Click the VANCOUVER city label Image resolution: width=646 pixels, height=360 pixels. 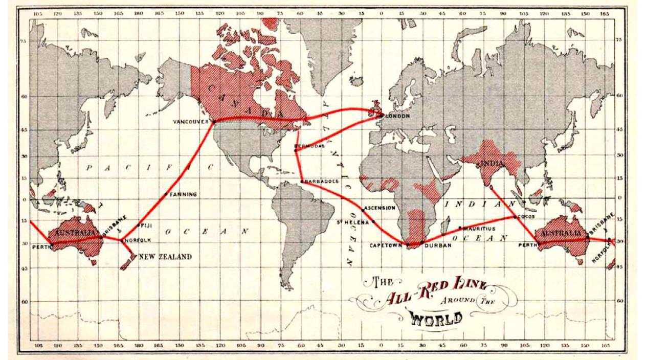(191, 122)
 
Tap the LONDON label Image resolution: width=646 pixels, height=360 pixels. (397, 116)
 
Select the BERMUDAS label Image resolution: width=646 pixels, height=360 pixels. (310, 146)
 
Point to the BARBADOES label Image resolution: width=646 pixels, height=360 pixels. (321, 181)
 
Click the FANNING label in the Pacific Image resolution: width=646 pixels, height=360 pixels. (183, 194)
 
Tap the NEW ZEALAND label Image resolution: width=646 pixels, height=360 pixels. (165, 257)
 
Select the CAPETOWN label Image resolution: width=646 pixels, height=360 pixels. (386, 245)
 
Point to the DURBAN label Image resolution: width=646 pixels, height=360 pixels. (438, 245)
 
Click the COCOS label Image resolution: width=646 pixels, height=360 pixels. (526, 216)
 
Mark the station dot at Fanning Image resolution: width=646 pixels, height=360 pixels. (166, 194)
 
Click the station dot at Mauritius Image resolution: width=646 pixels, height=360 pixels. (460, 228)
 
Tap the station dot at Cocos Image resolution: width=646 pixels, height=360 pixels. (515, 217)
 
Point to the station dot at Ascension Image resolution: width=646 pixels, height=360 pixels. (363, 210)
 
